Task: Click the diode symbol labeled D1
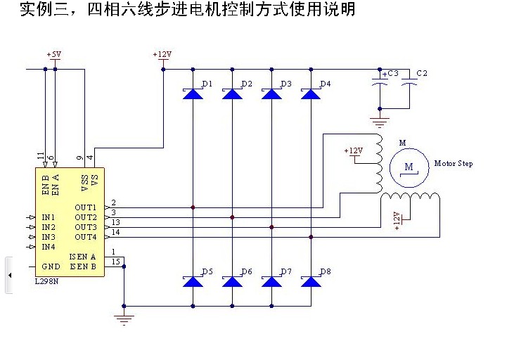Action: [x=193, y=94]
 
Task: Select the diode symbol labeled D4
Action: [x=311, y=94]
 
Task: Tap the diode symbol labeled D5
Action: [x=193, y=281]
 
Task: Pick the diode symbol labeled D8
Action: [x=311, y=281]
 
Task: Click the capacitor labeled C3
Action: [x=380, y=82]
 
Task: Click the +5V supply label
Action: [x=54, y=54]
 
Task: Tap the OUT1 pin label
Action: [x=86, y=208]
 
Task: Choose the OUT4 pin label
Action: [x=86, y=237]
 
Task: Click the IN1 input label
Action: [x=48, y=218]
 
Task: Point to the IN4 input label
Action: [x=48, y=247]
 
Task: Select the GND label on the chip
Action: [x=51, y=266]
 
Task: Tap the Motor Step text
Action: [x=454, y=164]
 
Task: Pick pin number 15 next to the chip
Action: [x=115, y=262]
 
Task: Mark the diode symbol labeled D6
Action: [x=232, y=281]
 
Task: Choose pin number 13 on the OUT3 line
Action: [x=115, y=222]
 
